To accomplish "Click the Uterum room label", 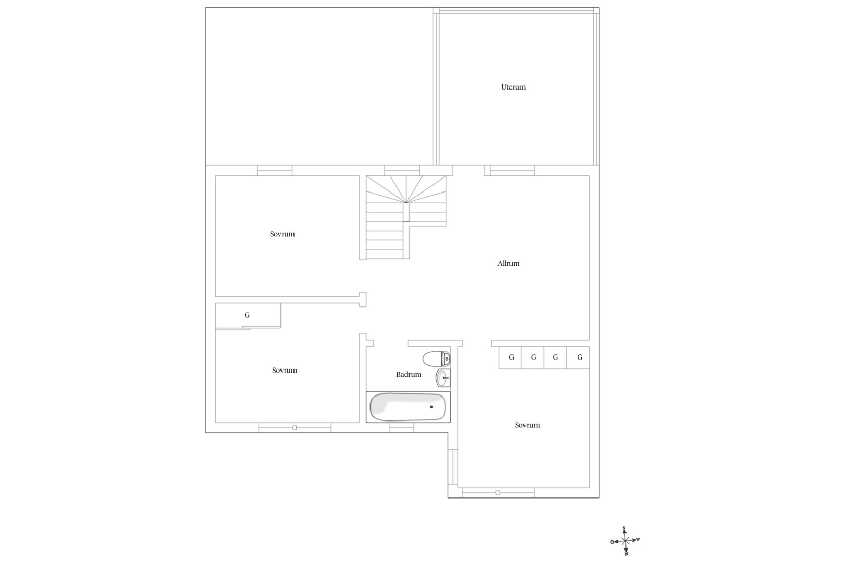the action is point(513,87).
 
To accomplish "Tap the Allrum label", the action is point(508,263).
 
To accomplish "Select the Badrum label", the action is point(408,374).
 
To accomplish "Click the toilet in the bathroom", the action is point(436,359).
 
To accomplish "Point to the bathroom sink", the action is point(443,378).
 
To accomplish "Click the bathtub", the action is point(408,407).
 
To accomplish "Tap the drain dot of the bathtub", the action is point(432,407).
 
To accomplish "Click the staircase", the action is point(406,217).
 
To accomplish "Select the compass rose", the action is point(625,541).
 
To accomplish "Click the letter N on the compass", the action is point(626,554).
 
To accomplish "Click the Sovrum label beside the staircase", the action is point(282,234).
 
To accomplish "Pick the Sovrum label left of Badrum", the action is point(285,371).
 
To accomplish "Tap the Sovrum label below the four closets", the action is point(527,425).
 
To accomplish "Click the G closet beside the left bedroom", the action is point(247,315).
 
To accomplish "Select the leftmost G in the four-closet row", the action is point(512,357).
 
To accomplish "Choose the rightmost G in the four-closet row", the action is point(580,357).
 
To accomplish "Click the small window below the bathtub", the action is point(402,428).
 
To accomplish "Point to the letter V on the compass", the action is point(638,540).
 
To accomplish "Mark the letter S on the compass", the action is point(624,528).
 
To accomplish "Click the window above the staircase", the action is point(402,171).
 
